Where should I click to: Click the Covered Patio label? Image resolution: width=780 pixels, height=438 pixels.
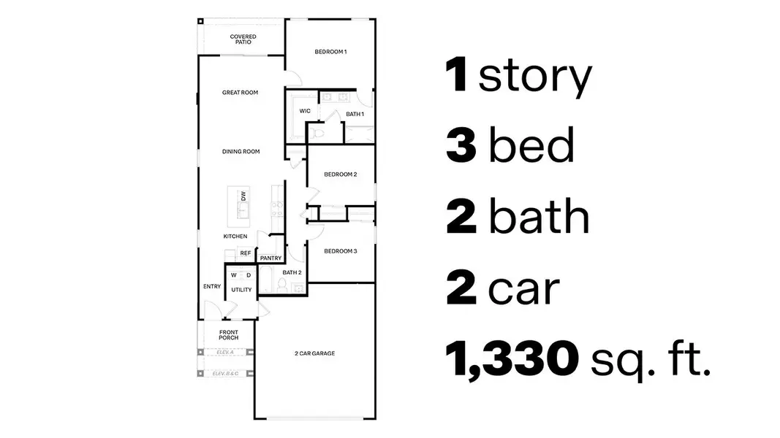242,39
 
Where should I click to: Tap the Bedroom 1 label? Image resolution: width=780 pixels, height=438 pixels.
330,52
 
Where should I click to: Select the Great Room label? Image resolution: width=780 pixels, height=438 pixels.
240,93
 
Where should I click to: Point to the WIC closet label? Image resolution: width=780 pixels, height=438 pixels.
305,111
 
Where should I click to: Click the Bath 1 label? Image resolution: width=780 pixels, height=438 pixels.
355,114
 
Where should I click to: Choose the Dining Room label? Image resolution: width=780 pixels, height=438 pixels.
241,152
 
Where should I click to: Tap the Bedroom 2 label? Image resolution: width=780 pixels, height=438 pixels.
340,174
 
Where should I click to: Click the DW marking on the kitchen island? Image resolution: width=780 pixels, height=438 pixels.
243,195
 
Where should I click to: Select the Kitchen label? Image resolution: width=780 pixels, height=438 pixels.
235,237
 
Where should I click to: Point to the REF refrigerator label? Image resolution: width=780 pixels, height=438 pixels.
246,253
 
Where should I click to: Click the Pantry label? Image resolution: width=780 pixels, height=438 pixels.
270,258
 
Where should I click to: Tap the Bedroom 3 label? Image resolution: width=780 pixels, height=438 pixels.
340,251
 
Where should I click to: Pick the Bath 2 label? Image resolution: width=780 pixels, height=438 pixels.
292,272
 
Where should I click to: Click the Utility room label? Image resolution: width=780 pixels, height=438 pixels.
241,290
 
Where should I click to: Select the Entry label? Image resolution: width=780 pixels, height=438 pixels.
212,286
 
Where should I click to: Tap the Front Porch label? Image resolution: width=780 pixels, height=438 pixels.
229,335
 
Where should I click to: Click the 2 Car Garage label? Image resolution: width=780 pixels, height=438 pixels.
314,353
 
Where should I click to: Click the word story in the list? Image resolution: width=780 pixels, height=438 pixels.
534,77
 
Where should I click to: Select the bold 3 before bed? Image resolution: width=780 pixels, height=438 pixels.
461,147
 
